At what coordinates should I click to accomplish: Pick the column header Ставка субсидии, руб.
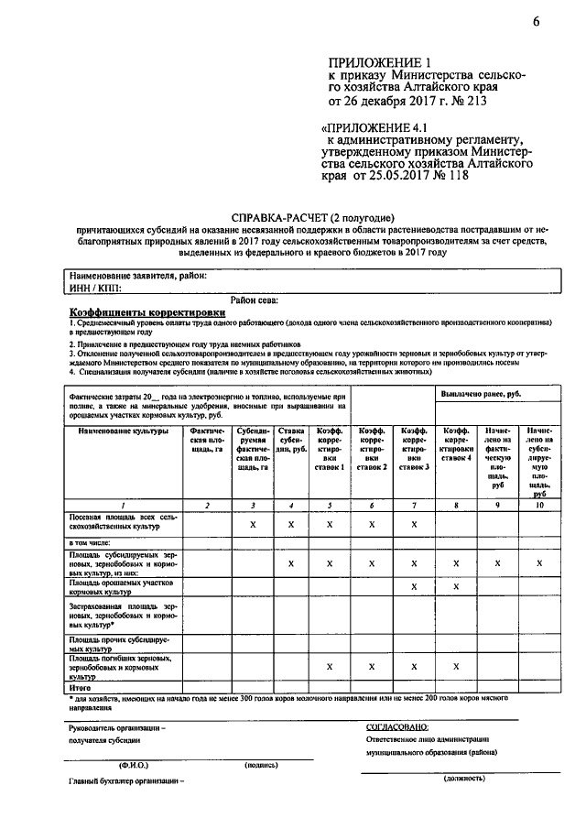coord(290,442)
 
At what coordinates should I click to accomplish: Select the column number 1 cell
coord(124,506)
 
